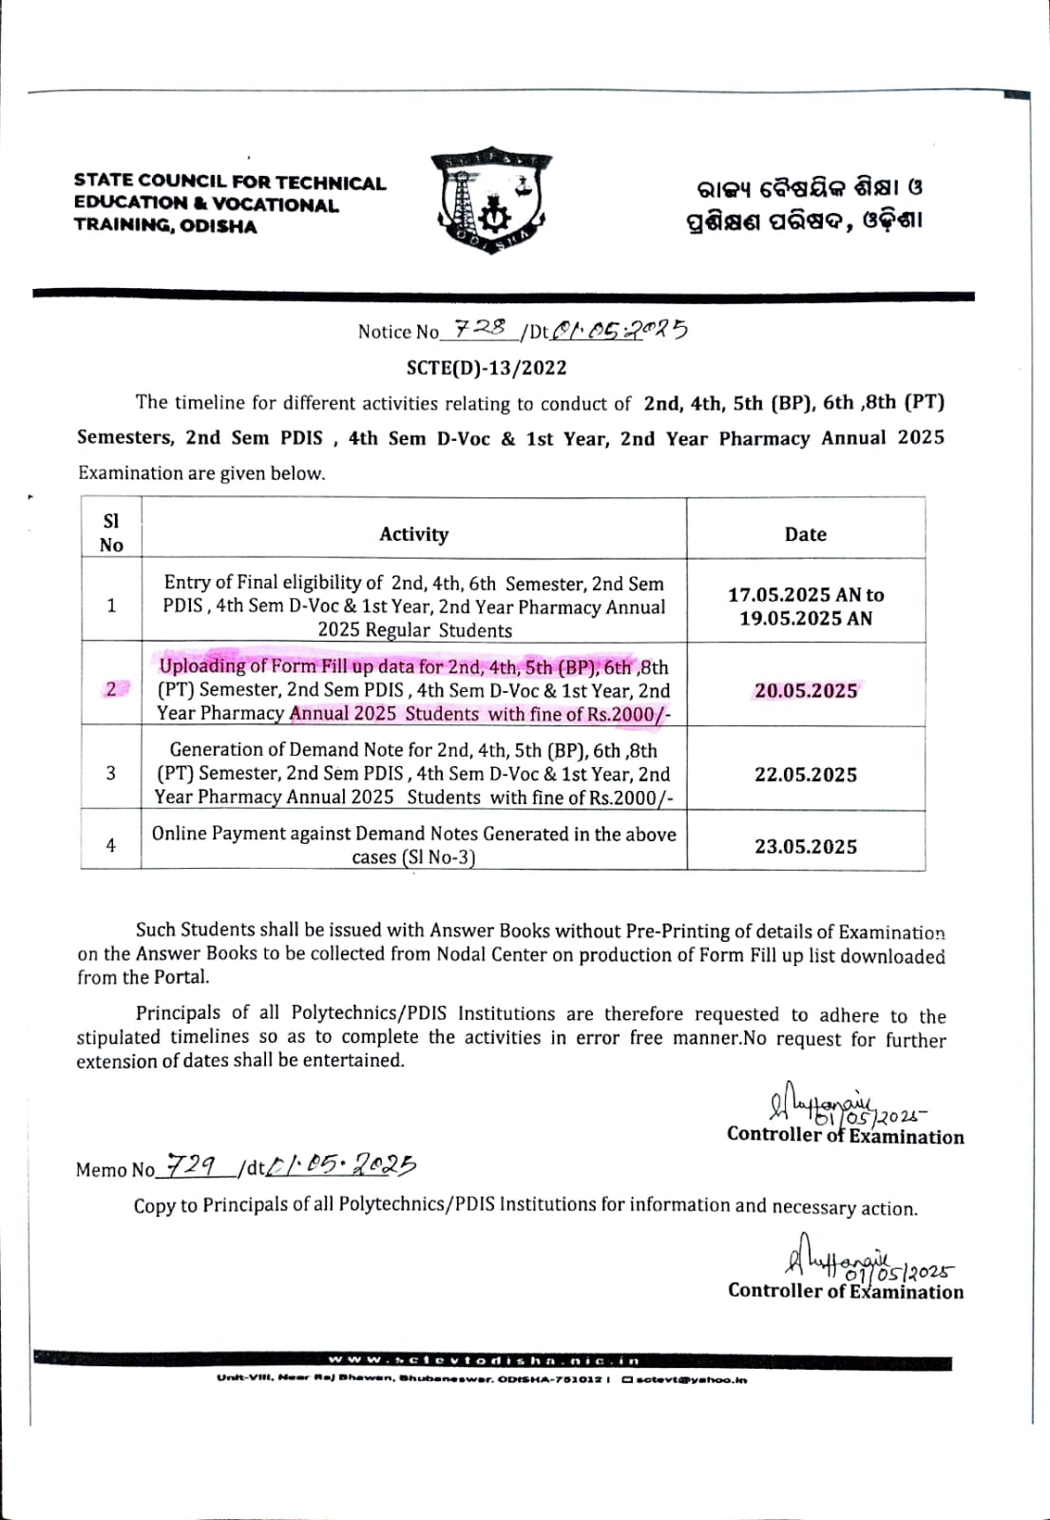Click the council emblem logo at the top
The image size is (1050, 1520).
[x=491, y=203]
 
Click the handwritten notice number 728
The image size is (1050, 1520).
[x=480, y=328]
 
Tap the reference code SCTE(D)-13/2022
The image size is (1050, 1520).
[x=487, y=368]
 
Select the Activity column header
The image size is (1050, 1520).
[x=413, y=534]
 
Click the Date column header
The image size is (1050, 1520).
[x=805, y=534]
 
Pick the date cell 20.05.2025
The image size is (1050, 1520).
[x=806, y=691]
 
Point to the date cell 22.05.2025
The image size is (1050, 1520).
[x=806, y=775]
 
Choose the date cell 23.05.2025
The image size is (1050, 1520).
[x=806, y=846]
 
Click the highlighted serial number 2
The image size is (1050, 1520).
[x=111, y=689]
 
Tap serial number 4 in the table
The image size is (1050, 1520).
[x=111, y=845]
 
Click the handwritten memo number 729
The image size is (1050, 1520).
[x=190, y=1164]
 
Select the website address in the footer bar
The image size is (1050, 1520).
[x=485, y=1361]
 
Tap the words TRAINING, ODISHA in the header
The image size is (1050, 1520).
[x=165, y=226]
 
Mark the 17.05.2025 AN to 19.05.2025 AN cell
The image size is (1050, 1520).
[x=806, y=606]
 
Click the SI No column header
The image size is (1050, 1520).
[x=111, y=533]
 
